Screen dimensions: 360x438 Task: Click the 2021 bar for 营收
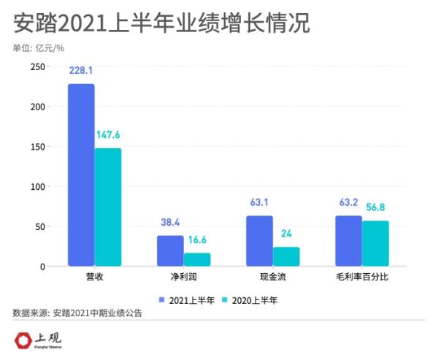pyautogui.click(x=81, y=175)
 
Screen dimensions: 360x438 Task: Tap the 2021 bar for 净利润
pyautogui.click(x=170, y=251)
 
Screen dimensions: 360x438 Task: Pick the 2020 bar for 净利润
pyautogui.click(x=197, y=260)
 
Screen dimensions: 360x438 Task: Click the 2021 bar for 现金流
pyautogui.click(x=259, y=241)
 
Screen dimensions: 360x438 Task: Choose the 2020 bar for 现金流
pyautogui.click(x=286, y=257)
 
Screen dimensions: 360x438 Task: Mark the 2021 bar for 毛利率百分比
pyautogui.click(x=348, y=241)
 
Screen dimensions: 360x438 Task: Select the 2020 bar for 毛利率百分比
pyautogui.click(x=375, y=244)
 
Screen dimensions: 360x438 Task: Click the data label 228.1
pyautogui.click(x=81, y=72)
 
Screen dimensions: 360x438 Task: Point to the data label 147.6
pyautogui.click(x=108, y=136)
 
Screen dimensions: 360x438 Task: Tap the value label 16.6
pyautogui.click(x=197, y=241)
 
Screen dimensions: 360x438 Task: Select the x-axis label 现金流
pyautogui.click(x=272, y=279)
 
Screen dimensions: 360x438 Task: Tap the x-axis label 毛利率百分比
pyautogui.click(x=361, y=279)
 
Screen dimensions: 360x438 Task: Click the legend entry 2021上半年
pyautogui.click(x=187, y=299)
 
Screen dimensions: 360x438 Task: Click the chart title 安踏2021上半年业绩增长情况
pyautogui.click(x=161, y=23)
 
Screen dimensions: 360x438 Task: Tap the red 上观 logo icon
pyautogui.click(x=26, y=340)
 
